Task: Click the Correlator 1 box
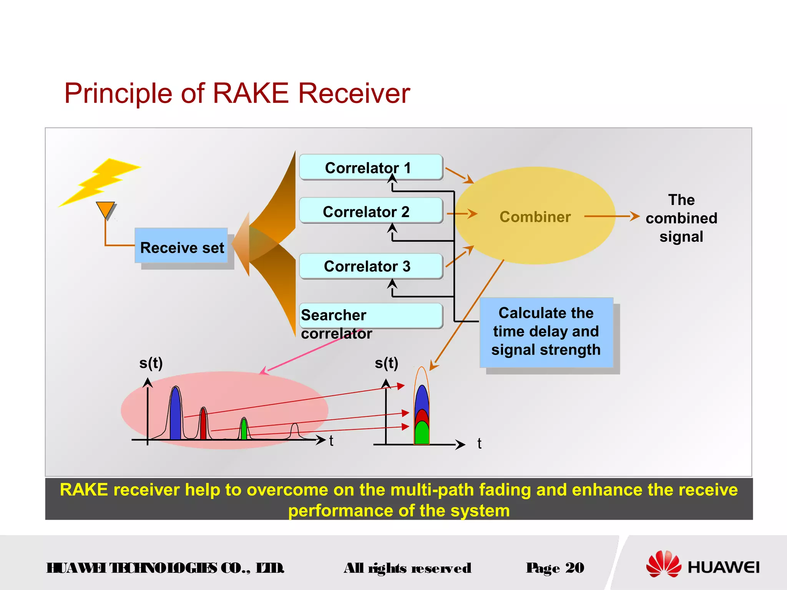371,167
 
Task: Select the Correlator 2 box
371,211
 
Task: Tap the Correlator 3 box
371,266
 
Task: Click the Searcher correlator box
371,315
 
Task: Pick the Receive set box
181,246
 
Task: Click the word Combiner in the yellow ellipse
535,217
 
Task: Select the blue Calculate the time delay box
546,332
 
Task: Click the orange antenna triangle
105,209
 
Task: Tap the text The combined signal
681,218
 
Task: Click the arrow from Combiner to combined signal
611,217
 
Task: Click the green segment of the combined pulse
422,433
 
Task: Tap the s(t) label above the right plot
386,363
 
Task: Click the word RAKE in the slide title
250,93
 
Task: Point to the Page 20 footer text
555,568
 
